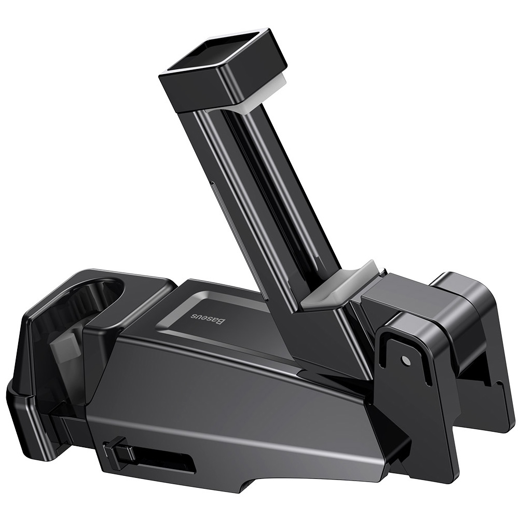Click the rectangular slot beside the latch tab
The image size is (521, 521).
click(166, 462)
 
